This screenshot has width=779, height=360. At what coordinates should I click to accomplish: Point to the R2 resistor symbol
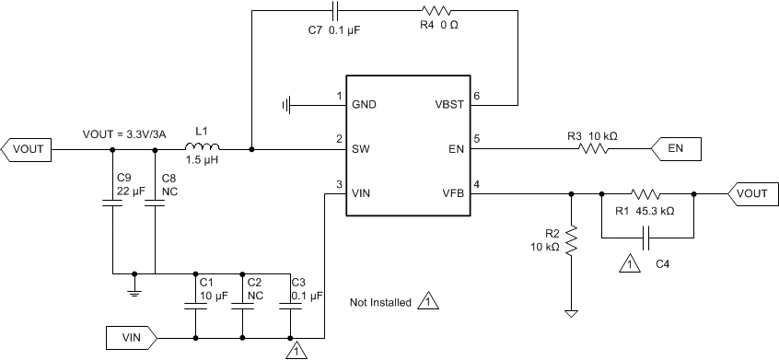coord(571,241)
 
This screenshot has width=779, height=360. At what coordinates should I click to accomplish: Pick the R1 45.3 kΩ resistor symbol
coord(646,194)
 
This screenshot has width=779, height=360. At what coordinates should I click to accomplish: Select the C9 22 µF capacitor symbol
coord(111,205)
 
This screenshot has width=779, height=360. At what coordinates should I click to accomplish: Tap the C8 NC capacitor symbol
coord(155,205)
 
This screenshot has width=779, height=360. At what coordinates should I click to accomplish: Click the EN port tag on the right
coord(676,147)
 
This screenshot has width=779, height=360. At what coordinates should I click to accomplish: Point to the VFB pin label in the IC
coord(452,193)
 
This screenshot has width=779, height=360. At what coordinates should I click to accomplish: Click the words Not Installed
coord(380,302)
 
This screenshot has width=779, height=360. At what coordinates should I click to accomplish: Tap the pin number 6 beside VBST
coord(477,96)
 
